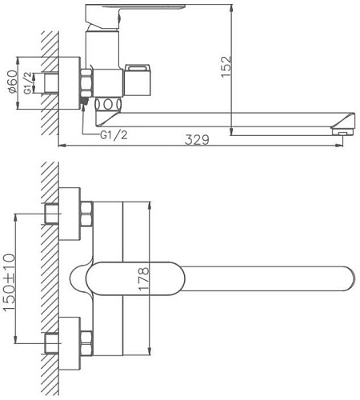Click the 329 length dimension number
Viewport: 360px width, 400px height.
tap(197, 140)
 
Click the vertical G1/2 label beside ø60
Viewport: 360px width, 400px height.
tap(27, 82)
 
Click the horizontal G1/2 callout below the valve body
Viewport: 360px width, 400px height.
tap(115, 136)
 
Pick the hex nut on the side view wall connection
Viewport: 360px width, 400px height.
tap(86, 82)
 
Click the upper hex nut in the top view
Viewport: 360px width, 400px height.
tap(86, 214)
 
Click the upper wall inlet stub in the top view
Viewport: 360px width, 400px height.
tap(53, 214)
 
